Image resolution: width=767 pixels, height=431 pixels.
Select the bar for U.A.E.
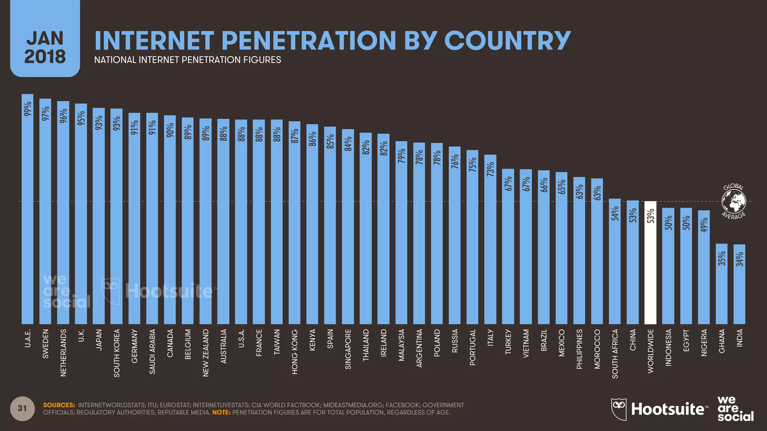[27, 210]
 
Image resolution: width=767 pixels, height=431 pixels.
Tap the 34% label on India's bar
[740, 259]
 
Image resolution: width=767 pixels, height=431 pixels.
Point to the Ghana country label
[722, 341]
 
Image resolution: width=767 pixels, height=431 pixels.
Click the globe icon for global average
[734, 201]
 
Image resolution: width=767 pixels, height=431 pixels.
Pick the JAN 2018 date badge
[45, 47]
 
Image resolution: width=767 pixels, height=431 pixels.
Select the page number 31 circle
[22, 408]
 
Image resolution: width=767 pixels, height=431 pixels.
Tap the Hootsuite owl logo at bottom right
[618, 409]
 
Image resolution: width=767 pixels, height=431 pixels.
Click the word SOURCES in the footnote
[59, 405]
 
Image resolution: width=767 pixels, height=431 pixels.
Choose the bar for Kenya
[312, 224]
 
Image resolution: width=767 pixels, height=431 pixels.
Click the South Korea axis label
[116, 353]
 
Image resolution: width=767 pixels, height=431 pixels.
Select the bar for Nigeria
[704, 268]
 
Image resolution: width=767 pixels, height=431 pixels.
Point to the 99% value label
[27, 109]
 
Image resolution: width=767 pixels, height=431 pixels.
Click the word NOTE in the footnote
[221, 413]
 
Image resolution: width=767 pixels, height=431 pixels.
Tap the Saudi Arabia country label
[152, 351]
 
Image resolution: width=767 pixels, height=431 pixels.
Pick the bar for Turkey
[508, 247]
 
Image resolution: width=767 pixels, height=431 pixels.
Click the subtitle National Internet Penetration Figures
[187, 60]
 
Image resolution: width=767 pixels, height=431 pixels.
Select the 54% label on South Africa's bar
[615, 213]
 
